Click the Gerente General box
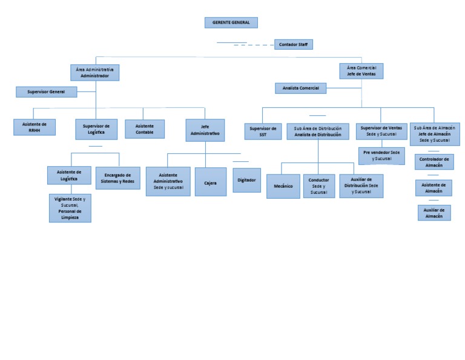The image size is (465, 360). (231, 22)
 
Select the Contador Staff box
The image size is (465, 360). (293, 44)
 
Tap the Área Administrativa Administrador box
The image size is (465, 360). (94, 73)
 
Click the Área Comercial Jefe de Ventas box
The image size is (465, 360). (361, 71)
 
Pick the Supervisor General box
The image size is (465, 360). (46, 92)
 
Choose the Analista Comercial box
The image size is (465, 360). (300, 88)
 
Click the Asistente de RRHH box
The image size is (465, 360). (35, 127)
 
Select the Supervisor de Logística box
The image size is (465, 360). (96, 128)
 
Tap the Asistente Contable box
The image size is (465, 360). (145, 128)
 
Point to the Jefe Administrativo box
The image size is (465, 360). (205, 130)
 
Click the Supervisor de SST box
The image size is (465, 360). (263, 131)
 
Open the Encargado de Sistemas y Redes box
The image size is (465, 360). (117, 178)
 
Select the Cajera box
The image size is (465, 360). (210, 182)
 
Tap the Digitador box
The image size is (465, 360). (246, 180)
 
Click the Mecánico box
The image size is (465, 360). (283, 186)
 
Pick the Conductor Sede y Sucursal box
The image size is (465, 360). (318, 185)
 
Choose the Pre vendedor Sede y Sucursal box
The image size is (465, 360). (381, 155)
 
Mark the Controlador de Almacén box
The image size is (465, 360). (434, 161)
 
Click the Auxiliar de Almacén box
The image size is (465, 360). (434, 212)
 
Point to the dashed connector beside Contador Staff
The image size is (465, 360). (254, 45)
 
